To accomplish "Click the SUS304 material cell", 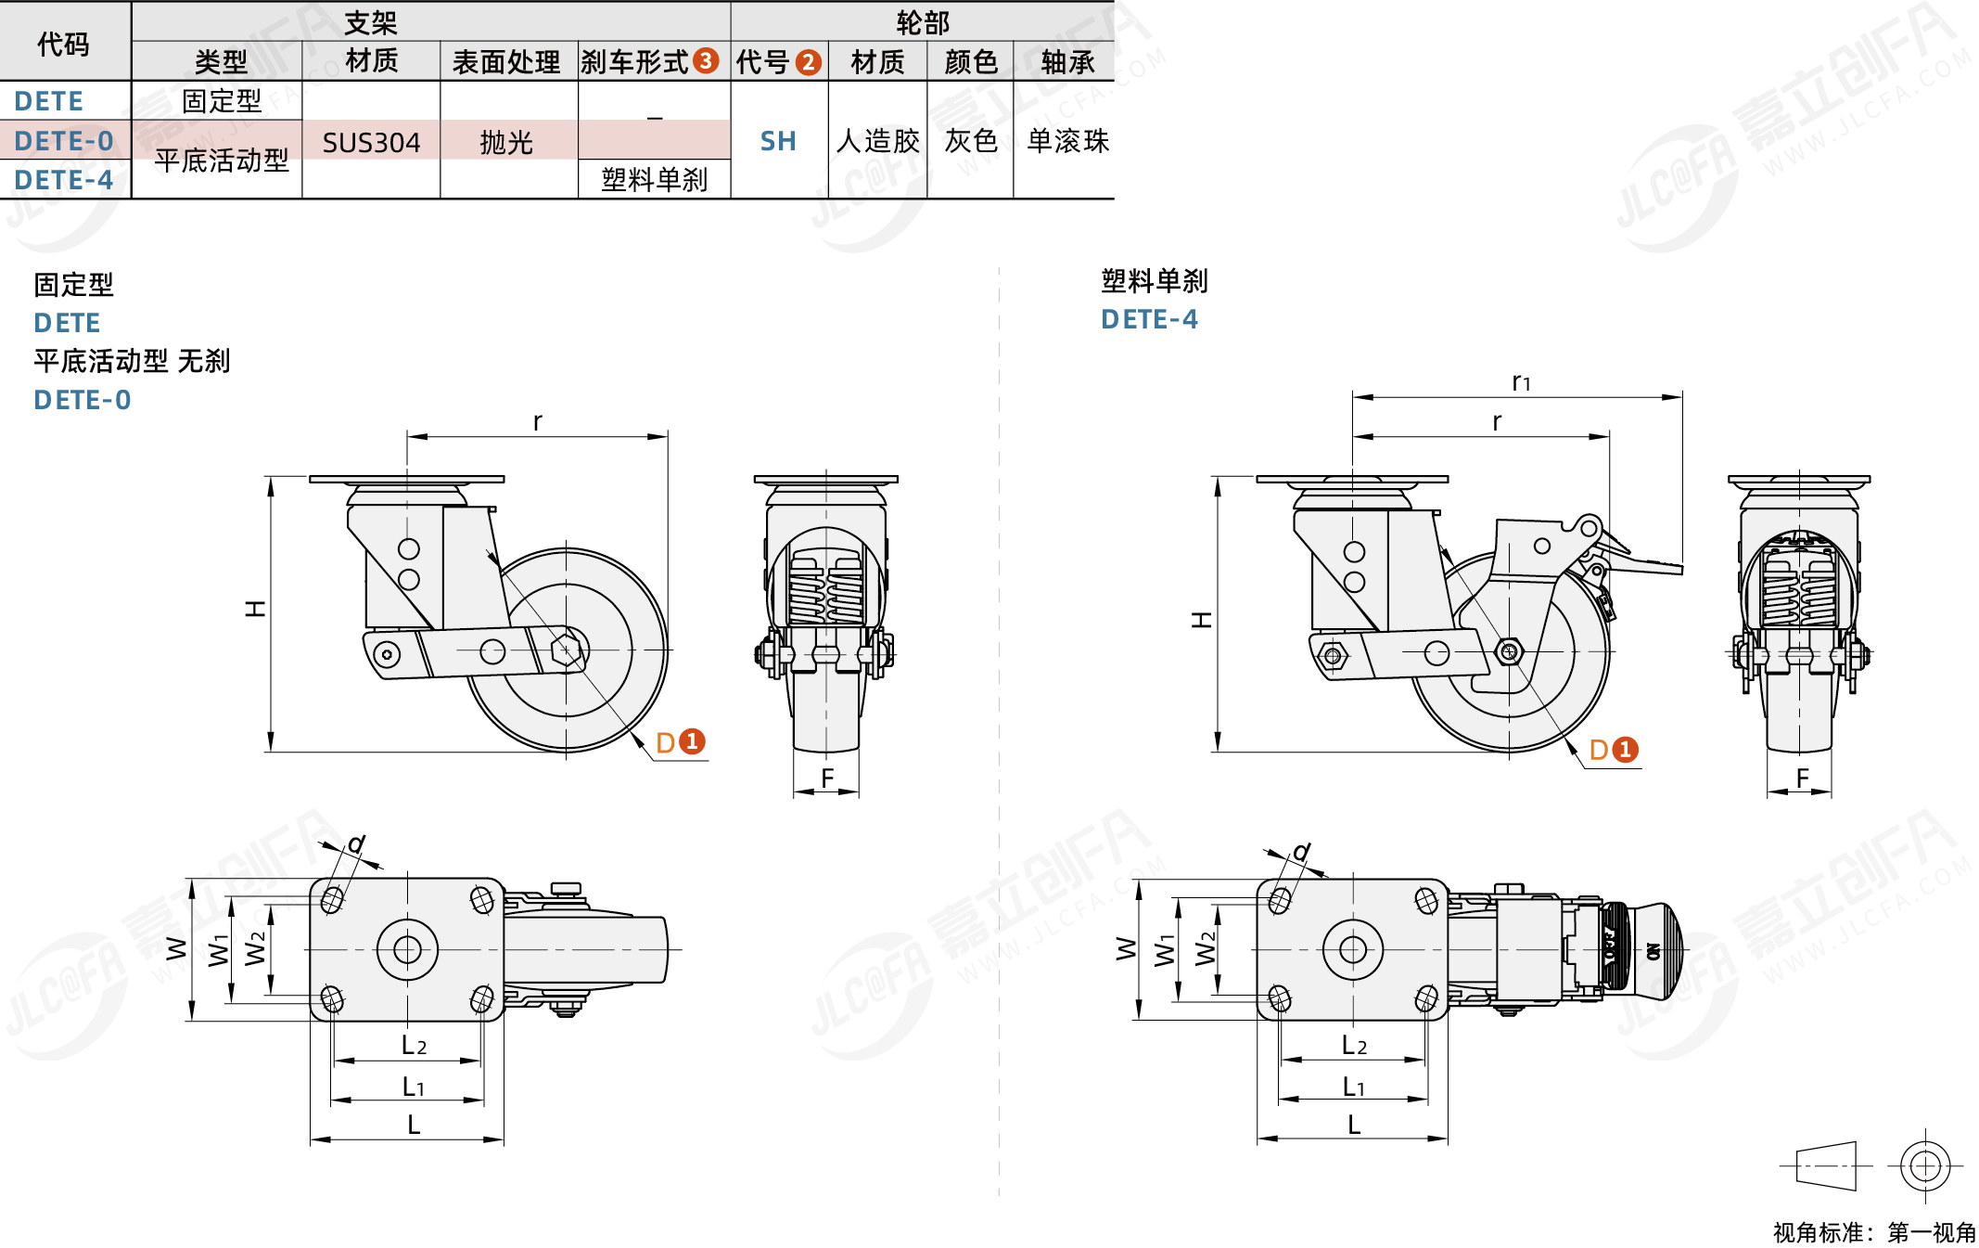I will click(x=371, y=142).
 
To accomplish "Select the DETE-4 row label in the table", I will click(x=63, y=180).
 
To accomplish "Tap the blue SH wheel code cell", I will click(x=778, y=141).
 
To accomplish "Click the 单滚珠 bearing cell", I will click(x=1067, y=141).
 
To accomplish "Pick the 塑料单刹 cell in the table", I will click(x=654, y=179).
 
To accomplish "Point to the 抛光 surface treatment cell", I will click(x=506, y=142).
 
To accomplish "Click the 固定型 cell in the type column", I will click(x=221, y=100).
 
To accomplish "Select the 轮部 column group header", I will click(x=922, y=21).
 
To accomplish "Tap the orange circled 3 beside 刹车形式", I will click(x=706, y=61).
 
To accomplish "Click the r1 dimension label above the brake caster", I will click(x=1521, y=382).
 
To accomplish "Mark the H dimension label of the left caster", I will click(x=255, y=609).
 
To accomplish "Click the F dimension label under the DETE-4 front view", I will click(x=1802, y=778).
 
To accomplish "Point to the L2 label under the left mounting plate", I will click(x=414, y=1046).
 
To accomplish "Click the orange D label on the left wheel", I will click(x=665, y=742).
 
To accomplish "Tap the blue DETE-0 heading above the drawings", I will click(x=82, y=400).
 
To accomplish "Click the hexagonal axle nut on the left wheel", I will click(x=567, y=650).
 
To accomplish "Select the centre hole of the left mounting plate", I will click(x=407, y=949).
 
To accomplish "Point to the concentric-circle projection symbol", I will click(x=1924, y=1165).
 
